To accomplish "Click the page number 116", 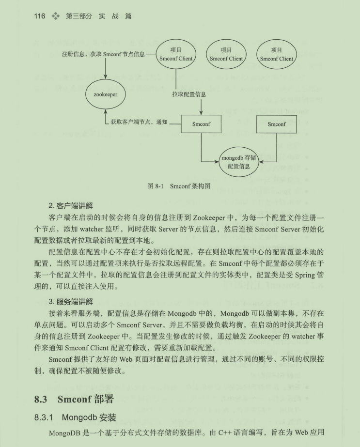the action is click(40, 16).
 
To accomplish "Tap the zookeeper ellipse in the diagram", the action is click(106, 94).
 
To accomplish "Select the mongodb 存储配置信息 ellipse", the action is click(238, 162).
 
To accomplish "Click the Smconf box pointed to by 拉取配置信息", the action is click(202, 124).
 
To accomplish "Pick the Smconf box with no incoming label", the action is click(277, 124).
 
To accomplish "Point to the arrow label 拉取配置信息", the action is click(189, 94).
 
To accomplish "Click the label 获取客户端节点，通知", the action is click(139, 122).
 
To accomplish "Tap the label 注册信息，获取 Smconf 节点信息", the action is click(104, 54).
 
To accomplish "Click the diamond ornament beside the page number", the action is click(56, 16).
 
